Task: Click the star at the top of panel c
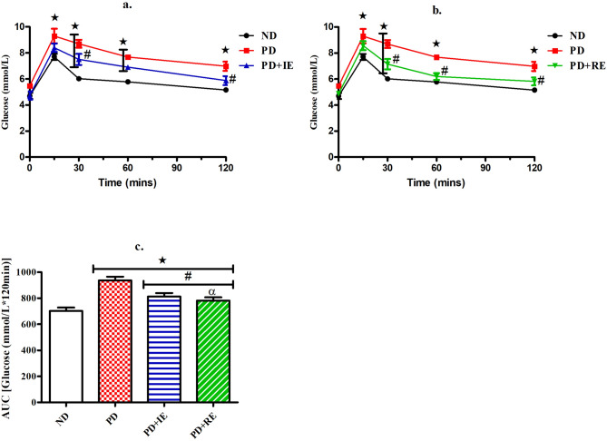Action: pos(162,260)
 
